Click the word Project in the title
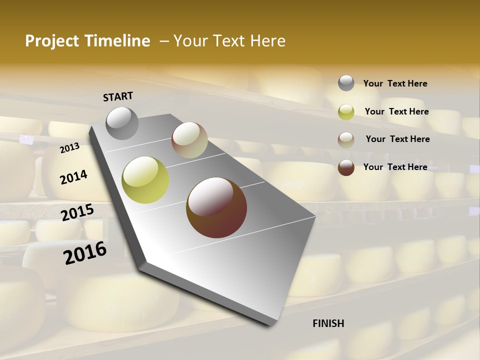49,41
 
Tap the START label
118,96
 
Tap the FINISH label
328,323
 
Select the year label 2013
69,148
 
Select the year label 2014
73,177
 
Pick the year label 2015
77,213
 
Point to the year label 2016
85,253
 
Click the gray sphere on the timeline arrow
122,123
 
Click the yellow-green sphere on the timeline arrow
145,180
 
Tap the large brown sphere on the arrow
216,207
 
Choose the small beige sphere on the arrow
189,140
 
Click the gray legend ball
346,83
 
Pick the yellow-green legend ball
346,112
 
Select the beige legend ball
346,139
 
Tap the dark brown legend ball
346,167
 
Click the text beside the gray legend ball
395,84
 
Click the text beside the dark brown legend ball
395,167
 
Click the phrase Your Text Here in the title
229,41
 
